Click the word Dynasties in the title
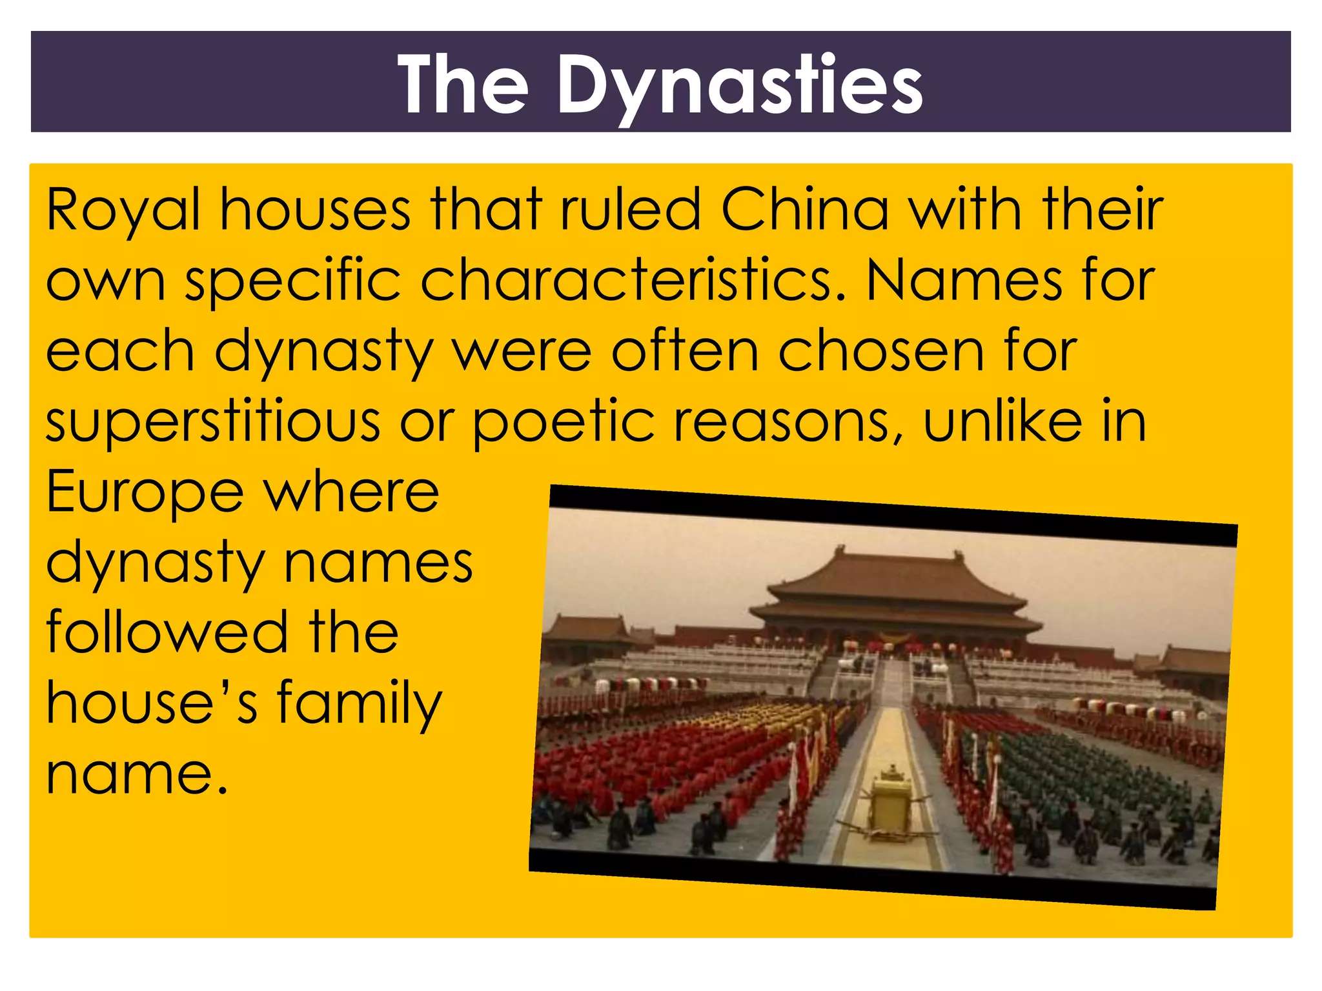tap(740, 86)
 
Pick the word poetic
tap(564, 423)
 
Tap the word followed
tap(167, 633)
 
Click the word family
tap(360, 704)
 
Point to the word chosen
tap(881, 352)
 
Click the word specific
tap(293, 282)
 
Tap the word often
tap(685, 352)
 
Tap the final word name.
tap(137, 774)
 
